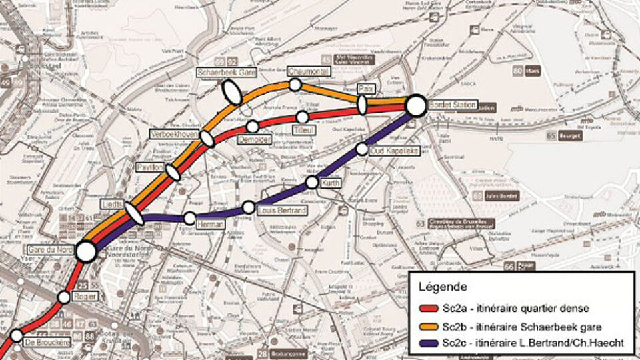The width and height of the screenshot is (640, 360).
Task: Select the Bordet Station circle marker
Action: tap(416, 105)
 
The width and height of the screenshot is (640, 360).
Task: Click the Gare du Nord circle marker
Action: tap(86, 251)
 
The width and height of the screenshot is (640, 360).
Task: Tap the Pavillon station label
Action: tap(150, 167)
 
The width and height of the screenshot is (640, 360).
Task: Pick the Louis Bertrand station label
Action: tap(281, 211)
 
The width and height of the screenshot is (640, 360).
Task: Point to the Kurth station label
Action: tap(331, 182)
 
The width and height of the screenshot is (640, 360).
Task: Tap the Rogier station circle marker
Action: tap(64, 297)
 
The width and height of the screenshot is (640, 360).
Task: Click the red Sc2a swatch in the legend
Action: tap(429, 310)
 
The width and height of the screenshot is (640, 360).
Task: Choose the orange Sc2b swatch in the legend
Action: tap(429, 327)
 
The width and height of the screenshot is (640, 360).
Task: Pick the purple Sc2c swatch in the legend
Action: tap(429, 343)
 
